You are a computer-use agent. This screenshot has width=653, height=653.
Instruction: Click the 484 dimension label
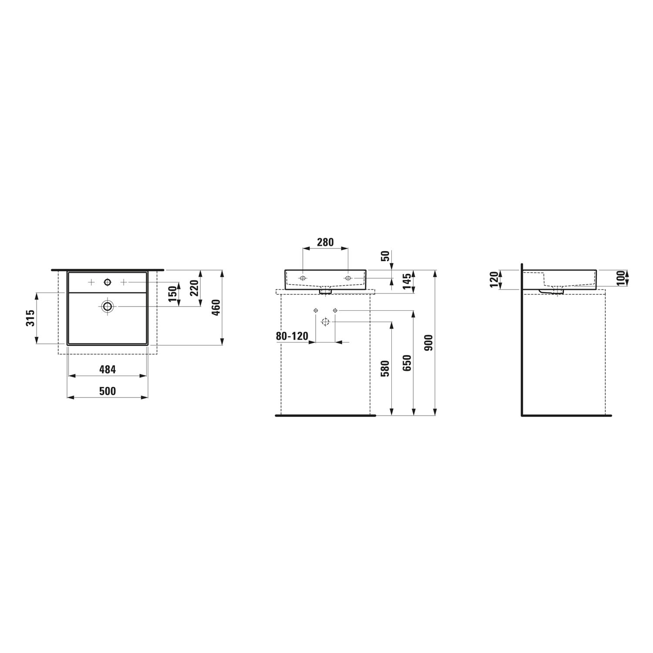108,370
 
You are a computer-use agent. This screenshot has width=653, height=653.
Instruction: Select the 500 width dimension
108,391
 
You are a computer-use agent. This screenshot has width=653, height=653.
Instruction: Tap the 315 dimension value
30,318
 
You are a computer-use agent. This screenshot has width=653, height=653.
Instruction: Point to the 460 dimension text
216,308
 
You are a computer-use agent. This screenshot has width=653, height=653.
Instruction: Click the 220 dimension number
194,288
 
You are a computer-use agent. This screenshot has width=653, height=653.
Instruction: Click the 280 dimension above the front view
325,242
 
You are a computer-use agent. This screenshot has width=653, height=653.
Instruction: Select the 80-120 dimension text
292,336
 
